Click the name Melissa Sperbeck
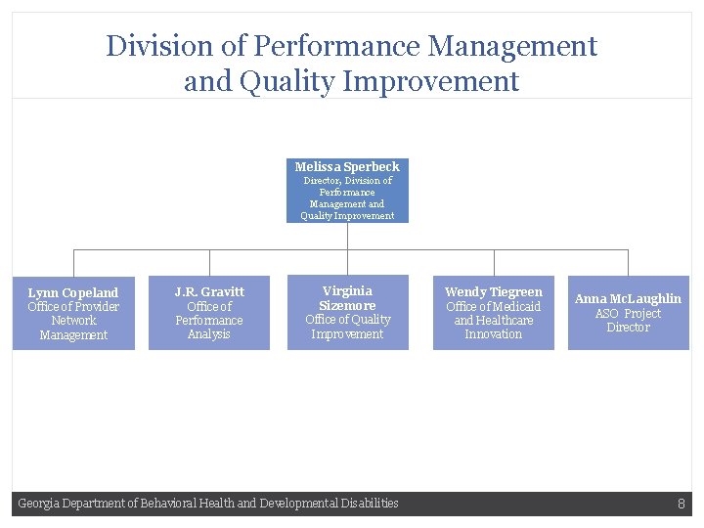pyautogui.click(x=347, y=166)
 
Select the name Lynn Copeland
pyautogui.click(x=73, y=292)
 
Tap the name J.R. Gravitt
pyautogui.click(x=209, y=291)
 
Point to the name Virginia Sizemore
pyautogui.click(x=347, y=298)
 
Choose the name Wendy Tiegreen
pyautogui.click(x=493, y=291)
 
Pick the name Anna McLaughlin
pyautogui.click(x=628, y=298)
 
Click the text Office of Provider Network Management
pyautogui.click(x=73, y=321)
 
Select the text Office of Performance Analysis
pyautogui.click(x=209, y=321)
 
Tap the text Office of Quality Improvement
pyautogui.click(x=347, y=327)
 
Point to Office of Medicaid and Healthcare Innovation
pyautogui.click(x=493, y=320)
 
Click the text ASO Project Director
pyautogui.click(x=628, y=320)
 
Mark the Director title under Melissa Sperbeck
pyautogui.click(x=347, y=198)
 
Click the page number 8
pyautogui.click(x=681, y=504)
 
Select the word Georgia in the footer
pyautogui.click(x=38, y=504)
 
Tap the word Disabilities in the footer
pyautogui.click(x=370, y=504)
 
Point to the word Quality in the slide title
pyautogui.click(x=289, y=81)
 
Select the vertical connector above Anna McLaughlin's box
pyautogui.click(x=628, y=262)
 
